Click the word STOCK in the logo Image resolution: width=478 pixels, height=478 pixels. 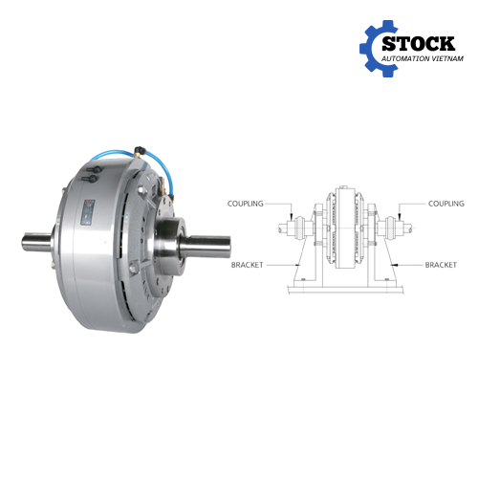419,44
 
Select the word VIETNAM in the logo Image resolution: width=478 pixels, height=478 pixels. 447,58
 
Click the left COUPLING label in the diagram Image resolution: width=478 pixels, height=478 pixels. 246,204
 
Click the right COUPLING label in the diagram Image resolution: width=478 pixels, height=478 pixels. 446,204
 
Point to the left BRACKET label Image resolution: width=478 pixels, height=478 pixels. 248,265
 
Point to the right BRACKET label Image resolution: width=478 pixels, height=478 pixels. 441,265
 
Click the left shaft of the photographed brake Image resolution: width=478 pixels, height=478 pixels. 36,242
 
